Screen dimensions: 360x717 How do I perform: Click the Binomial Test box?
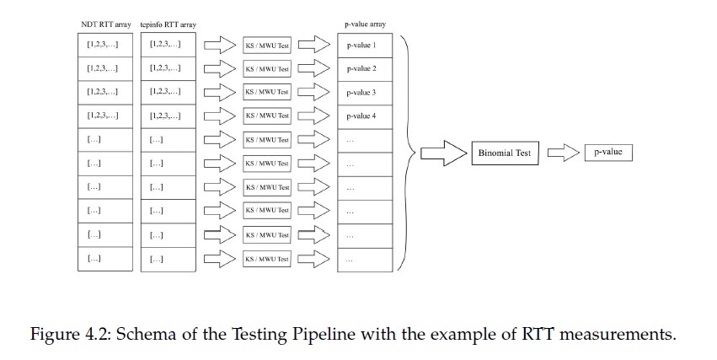(506, 153)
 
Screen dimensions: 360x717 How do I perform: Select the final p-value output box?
(608, 153)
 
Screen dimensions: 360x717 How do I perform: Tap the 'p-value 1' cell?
(365, 45)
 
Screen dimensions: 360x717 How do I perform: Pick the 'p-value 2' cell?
(365, 68)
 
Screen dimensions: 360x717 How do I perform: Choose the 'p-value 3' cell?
(365, 92)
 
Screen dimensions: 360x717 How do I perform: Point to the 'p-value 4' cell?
(365, 116)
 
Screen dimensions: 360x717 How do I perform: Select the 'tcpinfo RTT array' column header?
(168, 26)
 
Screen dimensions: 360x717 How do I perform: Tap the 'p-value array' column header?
(364, 26)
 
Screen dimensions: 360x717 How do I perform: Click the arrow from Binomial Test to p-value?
(561, 153)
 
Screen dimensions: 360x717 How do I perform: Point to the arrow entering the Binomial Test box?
(443, 153)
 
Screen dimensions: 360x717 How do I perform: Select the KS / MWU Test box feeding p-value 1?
(266, 45)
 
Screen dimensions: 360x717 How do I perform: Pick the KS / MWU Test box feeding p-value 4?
(266, 116)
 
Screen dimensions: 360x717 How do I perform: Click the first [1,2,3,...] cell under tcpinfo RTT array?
(168, 45)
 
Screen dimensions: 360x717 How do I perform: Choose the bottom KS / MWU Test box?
(266, 259)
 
